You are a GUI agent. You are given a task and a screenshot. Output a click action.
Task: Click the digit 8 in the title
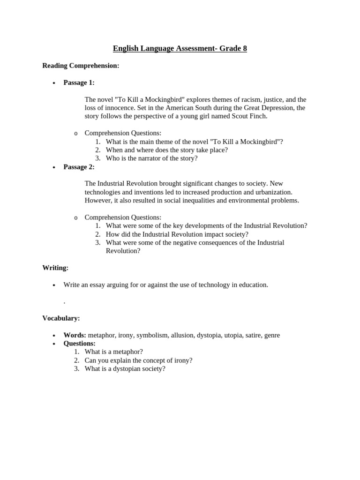click(244, 48)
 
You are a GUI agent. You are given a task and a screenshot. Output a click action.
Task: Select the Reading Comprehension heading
click(81, 66)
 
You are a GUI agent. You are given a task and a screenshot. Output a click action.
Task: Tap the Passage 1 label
click(79, 82)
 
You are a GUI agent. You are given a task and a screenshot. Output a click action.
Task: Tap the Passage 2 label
click(79, 167)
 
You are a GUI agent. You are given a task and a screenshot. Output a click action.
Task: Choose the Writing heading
click(55, 268)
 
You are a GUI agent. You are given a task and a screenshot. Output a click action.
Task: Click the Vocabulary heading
click(61, 318)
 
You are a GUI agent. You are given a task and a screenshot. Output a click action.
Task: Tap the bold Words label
click(75, 335)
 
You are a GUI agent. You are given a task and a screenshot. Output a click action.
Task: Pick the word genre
click(272, 335)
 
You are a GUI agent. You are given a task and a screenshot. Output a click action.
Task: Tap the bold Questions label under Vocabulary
click(79, 344)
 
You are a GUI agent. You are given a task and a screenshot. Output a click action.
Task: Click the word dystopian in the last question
click(124, 369)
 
